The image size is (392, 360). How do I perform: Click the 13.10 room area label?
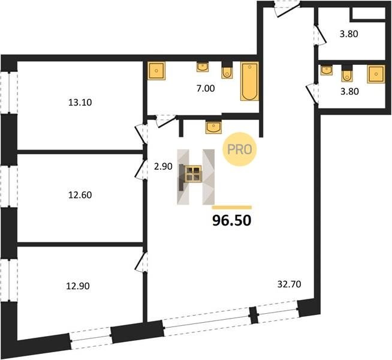[x=80, y=103]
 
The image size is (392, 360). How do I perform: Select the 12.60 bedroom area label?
[x=80, y=195]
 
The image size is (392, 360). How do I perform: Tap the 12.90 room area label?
[x=78, y=286]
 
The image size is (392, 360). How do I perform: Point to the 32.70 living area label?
[x=290, y=284]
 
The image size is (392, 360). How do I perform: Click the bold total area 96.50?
[x=232, y=221]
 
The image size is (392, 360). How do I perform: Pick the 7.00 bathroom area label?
[x=206, y=88]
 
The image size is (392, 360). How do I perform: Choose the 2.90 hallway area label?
[x=163, y=166]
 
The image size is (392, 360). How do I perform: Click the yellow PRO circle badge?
[x=240, y=149]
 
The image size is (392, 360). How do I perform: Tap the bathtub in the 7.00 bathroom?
[x=249, y=82]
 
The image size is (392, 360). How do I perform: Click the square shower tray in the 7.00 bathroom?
[x=156, y=71]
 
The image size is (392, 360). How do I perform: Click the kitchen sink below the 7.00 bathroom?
[x=213, y=127]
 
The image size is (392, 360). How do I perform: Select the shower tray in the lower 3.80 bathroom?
[x=376, y=74]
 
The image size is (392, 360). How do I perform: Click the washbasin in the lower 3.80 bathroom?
[x=327, y=70]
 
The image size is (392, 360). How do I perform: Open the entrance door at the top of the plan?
[x=287, y=10]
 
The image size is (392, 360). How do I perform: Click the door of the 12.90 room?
[x=141, y=262]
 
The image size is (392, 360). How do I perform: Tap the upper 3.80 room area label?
[x=349, y=34]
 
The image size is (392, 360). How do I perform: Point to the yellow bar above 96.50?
[x=232, y=207]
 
